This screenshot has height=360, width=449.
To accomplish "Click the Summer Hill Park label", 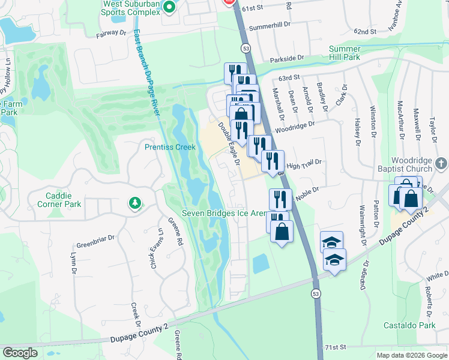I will coord(344,53).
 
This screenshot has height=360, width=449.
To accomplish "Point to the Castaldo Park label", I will coord(409,325).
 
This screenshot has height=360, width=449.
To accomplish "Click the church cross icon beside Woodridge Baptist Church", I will coord(441,163).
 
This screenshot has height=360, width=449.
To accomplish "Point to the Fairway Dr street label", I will coord(113,35).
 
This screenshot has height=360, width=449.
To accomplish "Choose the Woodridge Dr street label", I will coord(295,127).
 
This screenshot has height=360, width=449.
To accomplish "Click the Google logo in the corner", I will coord(20,353).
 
